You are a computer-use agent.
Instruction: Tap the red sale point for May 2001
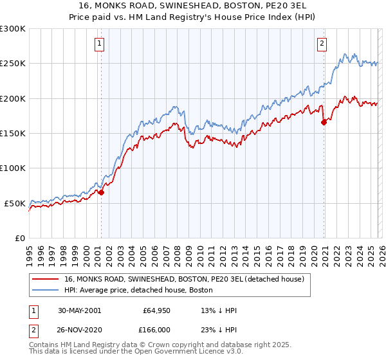(101, 192)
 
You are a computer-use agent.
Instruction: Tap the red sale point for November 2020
(324, 122)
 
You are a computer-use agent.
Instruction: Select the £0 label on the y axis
(20, 238)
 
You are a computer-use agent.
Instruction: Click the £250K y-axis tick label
(13, 64)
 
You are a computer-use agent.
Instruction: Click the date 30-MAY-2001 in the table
(77, 310)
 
